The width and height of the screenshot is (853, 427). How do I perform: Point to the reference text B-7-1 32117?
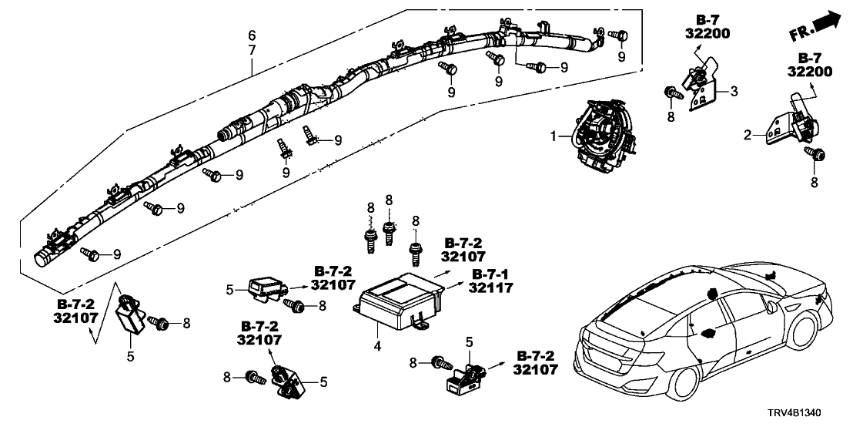pos(490,281)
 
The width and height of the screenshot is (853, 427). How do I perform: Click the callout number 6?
pos(251,35)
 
